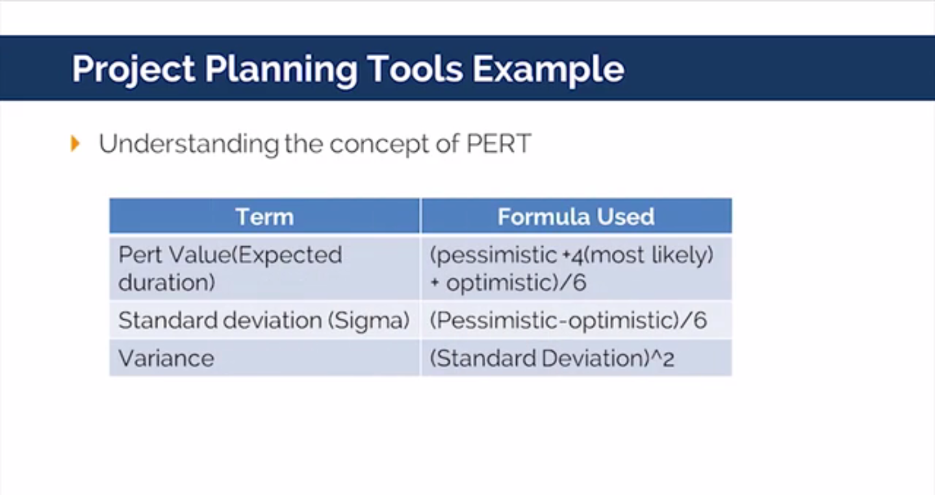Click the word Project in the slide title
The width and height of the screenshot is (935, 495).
133,70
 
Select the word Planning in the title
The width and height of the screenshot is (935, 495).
281,70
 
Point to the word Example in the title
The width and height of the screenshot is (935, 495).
548,70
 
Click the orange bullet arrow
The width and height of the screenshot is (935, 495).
75,144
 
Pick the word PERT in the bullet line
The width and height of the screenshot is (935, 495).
498,144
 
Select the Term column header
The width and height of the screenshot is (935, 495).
265,217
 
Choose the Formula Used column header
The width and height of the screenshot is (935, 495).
576,217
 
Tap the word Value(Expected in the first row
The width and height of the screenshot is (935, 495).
256,255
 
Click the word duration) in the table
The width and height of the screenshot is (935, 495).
166,283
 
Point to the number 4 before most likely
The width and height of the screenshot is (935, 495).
576,256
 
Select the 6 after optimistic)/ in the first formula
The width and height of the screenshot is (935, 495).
579,283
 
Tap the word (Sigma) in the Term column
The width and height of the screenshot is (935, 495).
368,321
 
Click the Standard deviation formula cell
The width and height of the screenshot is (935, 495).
576,320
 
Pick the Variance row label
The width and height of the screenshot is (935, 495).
166,358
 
